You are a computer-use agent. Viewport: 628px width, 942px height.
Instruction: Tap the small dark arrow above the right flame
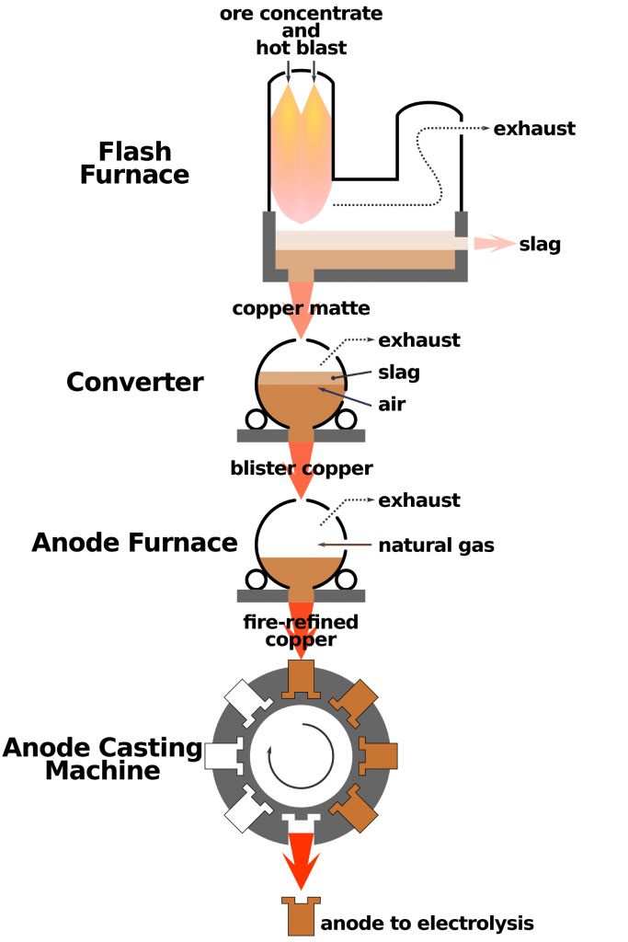click(314, 71)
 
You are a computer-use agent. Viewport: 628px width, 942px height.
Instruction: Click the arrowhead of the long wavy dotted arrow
click(486, 128)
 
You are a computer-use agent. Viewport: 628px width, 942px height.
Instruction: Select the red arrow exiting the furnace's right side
click(495, 243)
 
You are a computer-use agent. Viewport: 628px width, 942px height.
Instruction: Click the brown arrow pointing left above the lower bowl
click(345, 545)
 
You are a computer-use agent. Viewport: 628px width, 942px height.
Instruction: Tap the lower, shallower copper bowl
click(301, 569)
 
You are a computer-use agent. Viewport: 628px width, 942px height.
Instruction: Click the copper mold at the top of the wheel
click(301, 679)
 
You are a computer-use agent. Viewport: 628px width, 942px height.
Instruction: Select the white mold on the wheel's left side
click(223, 756)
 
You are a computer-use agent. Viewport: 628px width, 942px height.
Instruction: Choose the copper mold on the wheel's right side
click(379, 756)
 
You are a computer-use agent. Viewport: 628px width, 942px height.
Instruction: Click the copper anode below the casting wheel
click(301, 917)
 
